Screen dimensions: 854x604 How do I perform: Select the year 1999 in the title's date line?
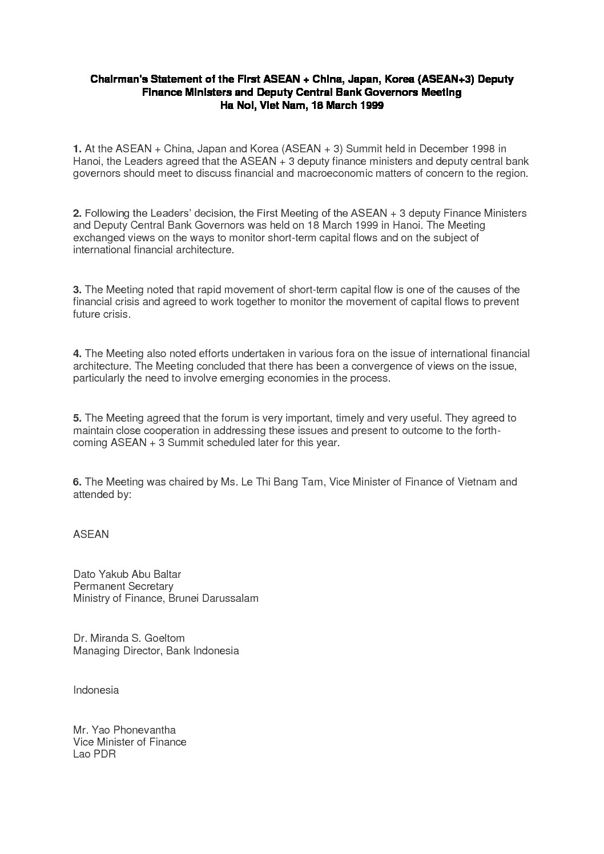tap(371, 106)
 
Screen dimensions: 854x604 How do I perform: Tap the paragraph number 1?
tap(77, 149)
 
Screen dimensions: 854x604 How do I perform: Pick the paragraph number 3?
tap(77, 290)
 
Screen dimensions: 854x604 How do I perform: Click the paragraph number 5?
tap(77, 418)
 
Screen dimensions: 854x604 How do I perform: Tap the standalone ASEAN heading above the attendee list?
tap(91, 535)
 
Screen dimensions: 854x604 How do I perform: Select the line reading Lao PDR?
tap(94, 754)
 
